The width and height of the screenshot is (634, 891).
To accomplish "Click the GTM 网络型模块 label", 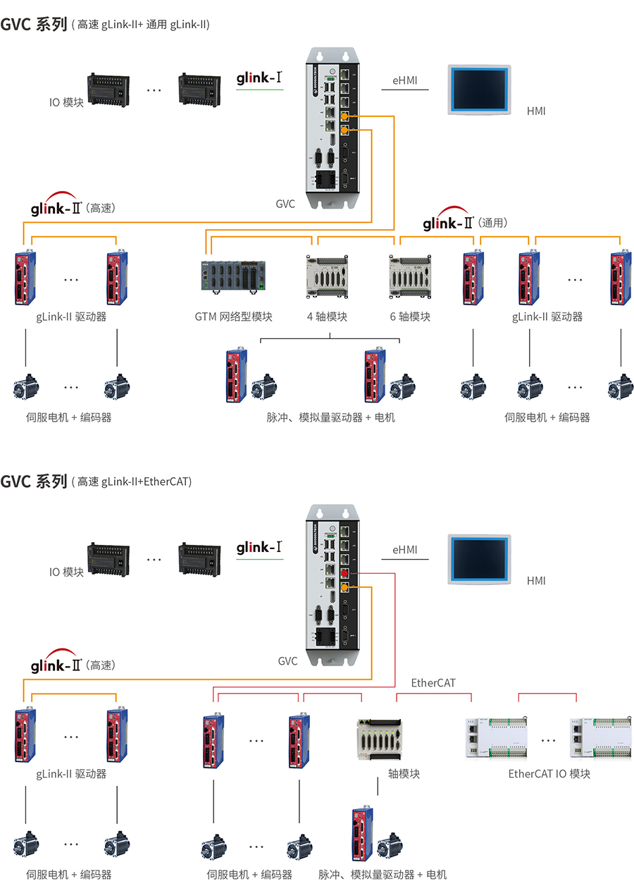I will pos(233,317).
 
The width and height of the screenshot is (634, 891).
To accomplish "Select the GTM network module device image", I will pos(233,275).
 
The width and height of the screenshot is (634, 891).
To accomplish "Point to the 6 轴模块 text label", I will pos(410,317).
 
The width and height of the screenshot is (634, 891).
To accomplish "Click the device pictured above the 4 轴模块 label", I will pos(328,275).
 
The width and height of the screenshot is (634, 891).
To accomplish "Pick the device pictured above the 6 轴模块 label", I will pos(410,275).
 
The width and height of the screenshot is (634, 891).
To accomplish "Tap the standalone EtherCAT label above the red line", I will pos(433,683).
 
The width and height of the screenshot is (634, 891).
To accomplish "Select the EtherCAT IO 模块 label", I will pos(549,774).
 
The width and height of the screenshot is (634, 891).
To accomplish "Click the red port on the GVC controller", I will pos(344,574).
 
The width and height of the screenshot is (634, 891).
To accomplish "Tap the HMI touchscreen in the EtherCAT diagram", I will pos(479,560).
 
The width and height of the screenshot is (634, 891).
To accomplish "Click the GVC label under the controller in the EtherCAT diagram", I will pos(287,661).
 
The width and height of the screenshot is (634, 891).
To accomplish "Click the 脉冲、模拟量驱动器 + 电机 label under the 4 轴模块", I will pos(330,417).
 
